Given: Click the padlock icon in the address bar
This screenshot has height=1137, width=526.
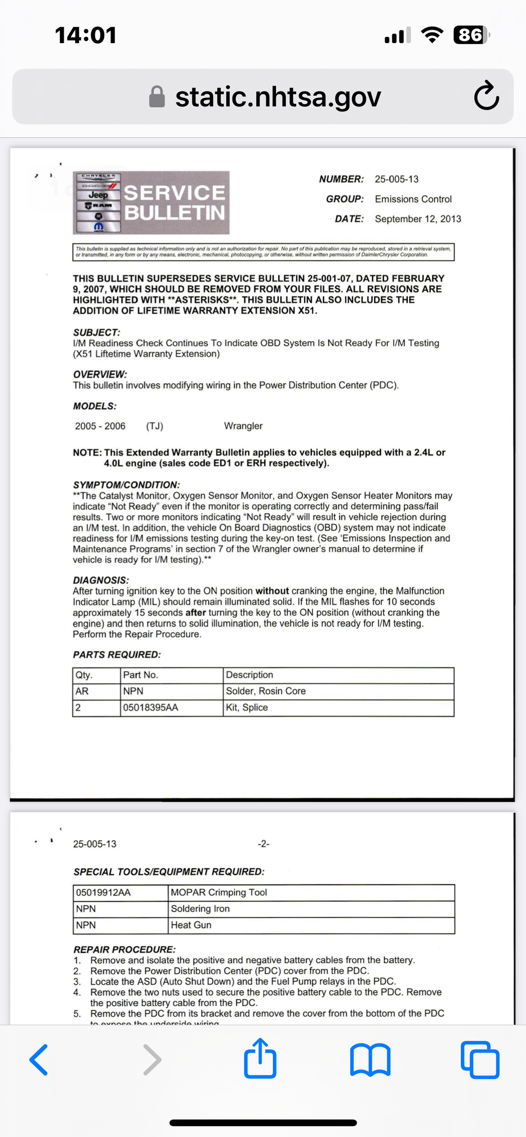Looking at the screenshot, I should click(157, 96).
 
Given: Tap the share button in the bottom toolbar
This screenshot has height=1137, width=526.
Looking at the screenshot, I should click(260, 1059).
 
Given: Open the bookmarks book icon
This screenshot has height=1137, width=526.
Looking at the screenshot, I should click(370, 1060).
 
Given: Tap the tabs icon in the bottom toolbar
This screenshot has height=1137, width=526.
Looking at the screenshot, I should click(480, 1060).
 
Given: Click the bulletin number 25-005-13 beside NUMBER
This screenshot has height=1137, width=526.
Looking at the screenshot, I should click(396, 179).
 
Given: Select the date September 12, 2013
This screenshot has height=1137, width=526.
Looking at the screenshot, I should click(418, 219).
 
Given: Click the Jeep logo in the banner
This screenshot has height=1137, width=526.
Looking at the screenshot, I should click(98, 195).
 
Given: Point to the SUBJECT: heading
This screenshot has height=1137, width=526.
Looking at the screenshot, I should click(96, 332).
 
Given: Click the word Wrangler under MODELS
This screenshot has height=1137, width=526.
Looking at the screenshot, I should click(243, 426).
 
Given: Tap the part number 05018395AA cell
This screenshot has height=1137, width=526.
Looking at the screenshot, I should click(151, 708).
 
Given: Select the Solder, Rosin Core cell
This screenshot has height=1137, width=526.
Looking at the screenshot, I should click(266, 691).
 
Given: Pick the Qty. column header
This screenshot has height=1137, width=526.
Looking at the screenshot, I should click(84, 675).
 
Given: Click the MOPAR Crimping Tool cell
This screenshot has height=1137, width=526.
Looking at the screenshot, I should click(219, 892).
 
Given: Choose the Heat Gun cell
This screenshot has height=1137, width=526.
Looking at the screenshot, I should click(191, 925).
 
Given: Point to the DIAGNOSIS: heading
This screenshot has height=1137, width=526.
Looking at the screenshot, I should click(101, 580).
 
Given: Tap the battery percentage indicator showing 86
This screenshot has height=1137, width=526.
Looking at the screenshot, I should click(470, 35).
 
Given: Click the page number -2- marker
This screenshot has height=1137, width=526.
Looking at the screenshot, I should click(263, 844).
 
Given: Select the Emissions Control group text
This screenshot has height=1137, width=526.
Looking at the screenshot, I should click(413, 199).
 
